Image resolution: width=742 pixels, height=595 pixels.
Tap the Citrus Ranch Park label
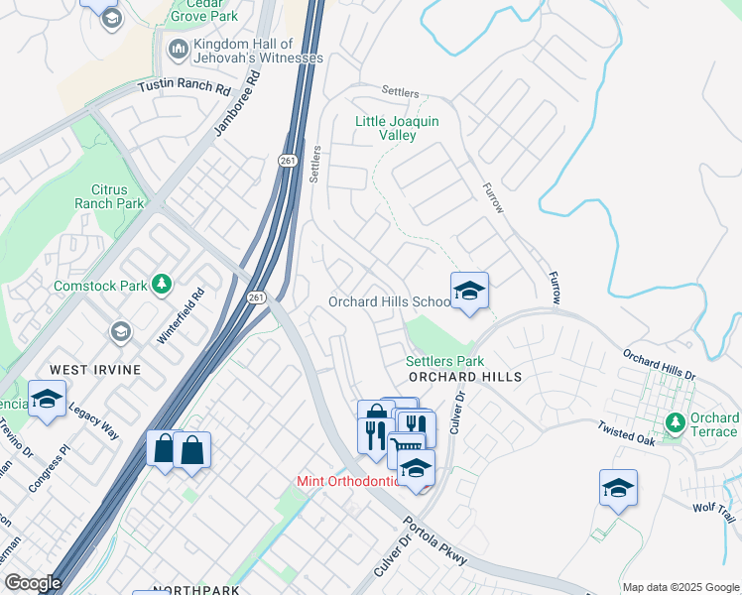[109, 195]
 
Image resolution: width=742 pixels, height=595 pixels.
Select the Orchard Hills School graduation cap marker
[469, 291]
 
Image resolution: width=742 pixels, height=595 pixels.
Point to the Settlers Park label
[444, 362]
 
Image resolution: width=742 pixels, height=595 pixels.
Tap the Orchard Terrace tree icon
[676, 423]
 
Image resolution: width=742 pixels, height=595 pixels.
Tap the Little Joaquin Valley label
[397, 128]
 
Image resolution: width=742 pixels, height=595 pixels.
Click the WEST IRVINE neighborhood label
[95, 370]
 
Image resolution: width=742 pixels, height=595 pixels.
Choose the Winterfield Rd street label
[182, 313]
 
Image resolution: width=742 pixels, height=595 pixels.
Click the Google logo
[32, 583]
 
